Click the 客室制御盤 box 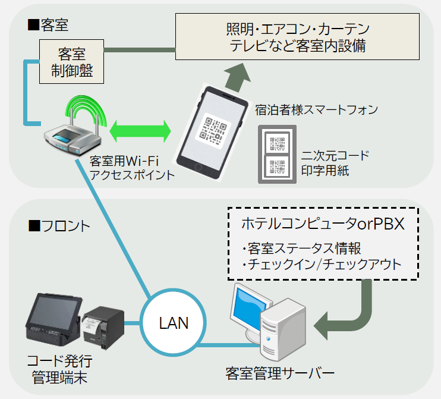pos(71,62)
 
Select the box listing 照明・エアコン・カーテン pos(297,37)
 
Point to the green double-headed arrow pos(140,131)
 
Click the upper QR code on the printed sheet pos(278,143)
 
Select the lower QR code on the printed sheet pos(278,166)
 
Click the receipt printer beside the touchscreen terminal pos(103,327)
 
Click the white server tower pos(282,329)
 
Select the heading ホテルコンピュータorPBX pos(323,224)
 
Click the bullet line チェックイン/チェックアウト pos(322,264)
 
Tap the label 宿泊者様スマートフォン pos(316,110)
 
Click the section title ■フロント pos(59,226)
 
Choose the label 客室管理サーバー pos(280,373)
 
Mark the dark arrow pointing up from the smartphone pos(238,77)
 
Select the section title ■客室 pos(48,25)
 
